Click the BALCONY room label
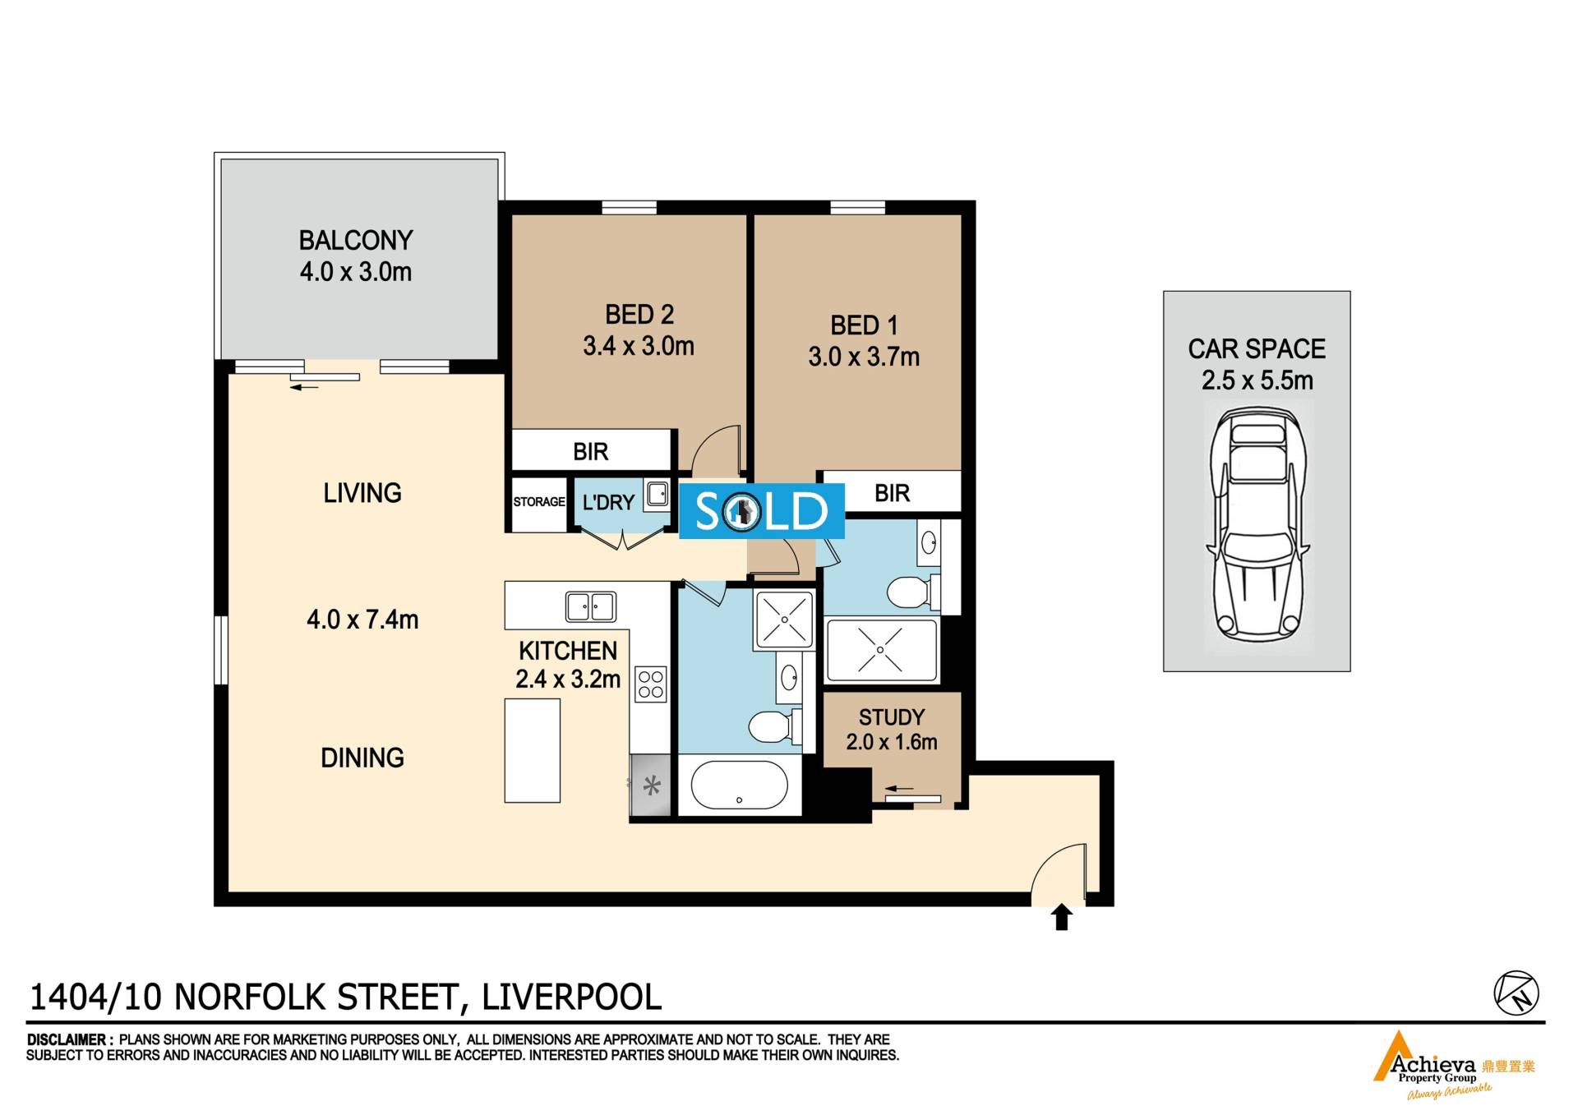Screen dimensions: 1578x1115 coord(356,240)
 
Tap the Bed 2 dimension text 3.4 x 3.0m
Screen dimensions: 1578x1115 coord(639,346)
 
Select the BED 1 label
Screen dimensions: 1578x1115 coord(864,325)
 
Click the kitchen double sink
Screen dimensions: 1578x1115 coord(591,607)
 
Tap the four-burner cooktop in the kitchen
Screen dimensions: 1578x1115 coord(651,684)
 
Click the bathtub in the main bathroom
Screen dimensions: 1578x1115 coord(740,785)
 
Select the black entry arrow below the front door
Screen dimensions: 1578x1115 coord(1062,916)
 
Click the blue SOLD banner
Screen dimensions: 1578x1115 coord(761,511)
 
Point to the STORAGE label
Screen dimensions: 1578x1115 coord(539,502)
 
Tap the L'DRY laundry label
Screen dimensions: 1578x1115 coord(608,502)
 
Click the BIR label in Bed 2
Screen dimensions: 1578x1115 coord(591,451)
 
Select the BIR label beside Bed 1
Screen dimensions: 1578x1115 coord(893,493)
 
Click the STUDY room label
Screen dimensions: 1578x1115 coord(892,716)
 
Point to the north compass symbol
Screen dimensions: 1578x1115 coord(1516,993)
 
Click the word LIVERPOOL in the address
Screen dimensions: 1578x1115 coord(571,998)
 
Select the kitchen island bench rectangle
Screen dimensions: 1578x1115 coord(533,750)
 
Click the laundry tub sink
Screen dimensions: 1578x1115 coord(657,494)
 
